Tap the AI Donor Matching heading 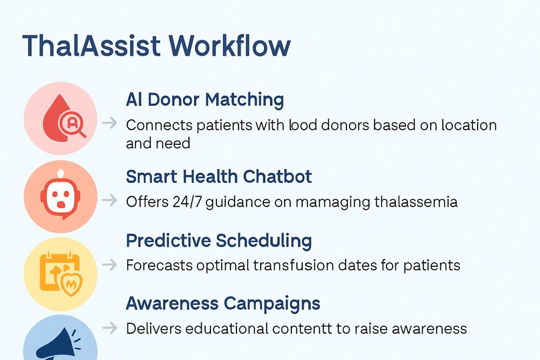pyautogui.click(x=204, y=100)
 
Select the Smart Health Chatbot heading pyautogui.click(x=218, y=176)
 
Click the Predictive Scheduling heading pyautogui.click(x=218, y=240)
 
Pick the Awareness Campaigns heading pyautogui.click(x=222, y=303)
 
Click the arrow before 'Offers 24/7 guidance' pyautogui.click(x=109, y=200)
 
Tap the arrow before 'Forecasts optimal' pyautogui.click(x=109, y=265)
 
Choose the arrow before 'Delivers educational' pyautogui.click(x=109, y=328)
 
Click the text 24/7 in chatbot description pyautogui.click(x=177, y=201)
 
